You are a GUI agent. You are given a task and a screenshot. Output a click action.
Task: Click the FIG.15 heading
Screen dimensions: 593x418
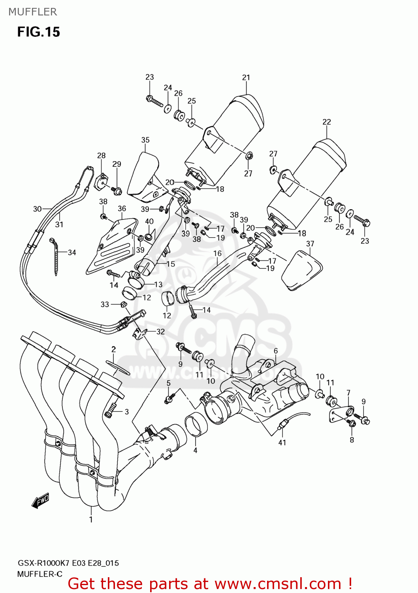(x=38, y=32)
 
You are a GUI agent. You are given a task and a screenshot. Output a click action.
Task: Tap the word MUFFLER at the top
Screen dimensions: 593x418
(x=33, y=12)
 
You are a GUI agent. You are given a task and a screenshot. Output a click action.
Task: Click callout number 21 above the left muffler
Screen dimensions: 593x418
(x=246, y=77)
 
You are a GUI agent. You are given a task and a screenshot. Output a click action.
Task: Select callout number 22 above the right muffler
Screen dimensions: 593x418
(x=327, y=122)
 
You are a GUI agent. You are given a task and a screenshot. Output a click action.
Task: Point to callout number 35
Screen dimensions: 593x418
(x=145, y=140)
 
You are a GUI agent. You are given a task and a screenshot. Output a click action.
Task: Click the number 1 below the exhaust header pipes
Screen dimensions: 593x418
(x=91, y=519)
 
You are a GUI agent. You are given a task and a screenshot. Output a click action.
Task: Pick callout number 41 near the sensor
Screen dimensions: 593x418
(x=282, y=442)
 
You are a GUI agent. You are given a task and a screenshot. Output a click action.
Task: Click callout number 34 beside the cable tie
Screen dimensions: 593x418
(x=72, y=252)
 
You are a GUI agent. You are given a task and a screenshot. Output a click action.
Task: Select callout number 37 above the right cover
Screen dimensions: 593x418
(x=310, y=244)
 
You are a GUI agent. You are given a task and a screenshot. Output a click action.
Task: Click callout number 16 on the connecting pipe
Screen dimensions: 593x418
(x=218, y=253)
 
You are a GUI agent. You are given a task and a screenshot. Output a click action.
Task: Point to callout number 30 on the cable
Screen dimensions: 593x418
(x=37, y=209)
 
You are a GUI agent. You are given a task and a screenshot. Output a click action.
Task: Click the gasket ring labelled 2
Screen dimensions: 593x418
(x=118, y=367)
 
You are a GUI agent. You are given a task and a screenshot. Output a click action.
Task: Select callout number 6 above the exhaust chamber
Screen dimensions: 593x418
(x=276, y=351)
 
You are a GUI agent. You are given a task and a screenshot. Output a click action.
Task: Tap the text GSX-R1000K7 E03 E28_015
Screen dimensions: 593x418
(x=68, y=563)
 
